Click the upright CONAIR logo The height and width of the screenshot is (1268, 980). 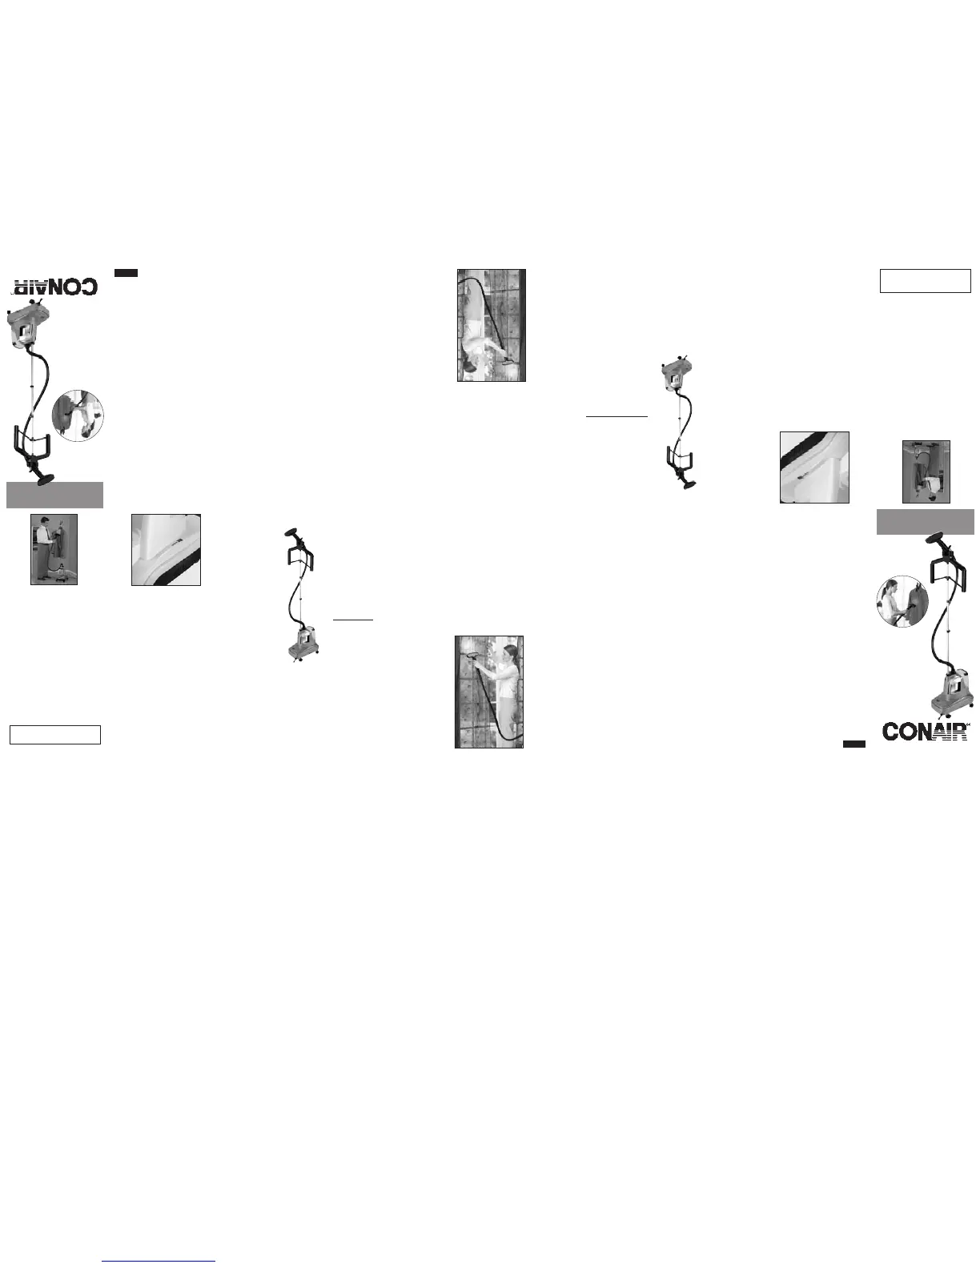click(x=925, y=731)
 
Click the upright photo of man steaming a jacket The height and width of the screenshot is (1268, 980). click(x=54, y=549)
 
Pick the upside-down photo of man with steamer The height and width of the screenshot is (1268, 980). click(x=926, y=471)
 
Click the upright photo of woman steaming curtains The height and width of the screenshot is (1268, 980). click(x=489, y=692)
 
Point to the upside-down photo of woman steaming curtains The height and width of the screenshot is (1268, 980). click(x=492, y=325)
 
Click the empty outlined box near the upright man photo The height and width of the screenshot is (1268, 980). click(x=55, y=735)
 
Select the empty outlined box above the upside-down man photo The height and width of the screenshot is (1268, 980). click(x=925, y=281)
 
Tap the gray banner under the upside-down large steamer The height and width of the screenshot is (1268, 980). click(x=55, y=495)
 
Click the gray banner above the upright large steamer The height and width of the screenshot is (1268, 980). click(x=925, y=522)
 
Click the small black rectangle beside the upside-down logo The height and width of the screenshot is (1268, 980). click(x=126, y=273)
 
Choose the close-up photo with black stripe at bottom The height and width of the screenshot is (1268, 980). click(x=166, y=550)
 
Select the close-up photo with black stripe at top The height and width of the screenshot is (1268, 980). click(x=814, y=467)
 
